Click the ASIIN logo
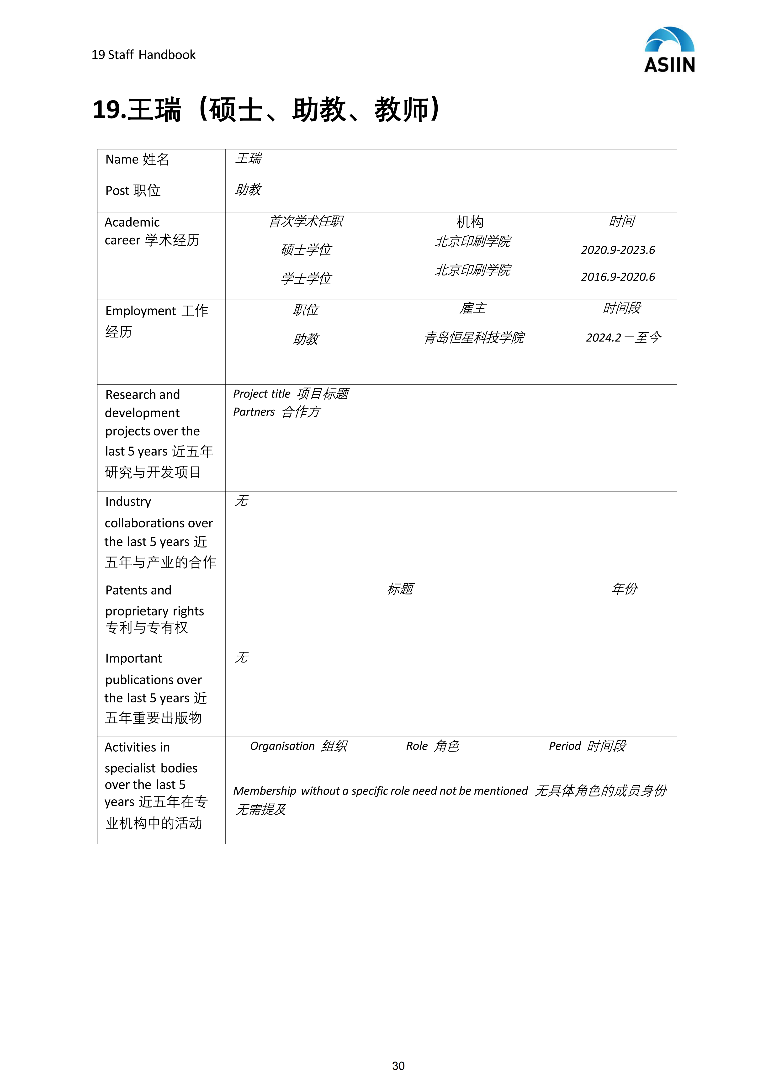tap(669, 50)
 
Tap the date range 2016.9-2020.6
tap(618, 277)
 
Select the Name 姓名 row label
tap(137, 160)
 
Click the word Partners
tap(254, 412)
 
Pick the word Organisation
tap(282, 746)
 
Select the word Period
tap(565, 746)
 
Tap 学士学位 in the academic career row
tap(306, 279)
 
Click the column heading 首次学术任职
tap(306, 221)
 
